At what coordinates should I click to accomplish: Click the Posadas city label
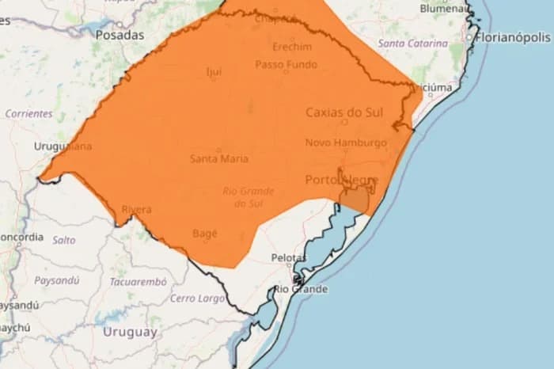coord(120,35)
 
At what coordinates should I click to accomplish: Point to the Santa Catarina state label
coord(412,44)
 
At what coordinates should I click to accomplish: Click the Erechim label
coord(291,47)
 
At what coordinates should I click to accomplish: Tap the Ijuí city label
coord(214,72)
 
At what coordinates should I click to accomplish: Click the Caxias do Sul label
coord(344,112)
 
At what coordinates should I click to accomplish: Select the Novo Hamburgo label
coord(346,143)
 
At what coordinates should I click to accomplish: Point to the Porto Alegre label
coord(341,180)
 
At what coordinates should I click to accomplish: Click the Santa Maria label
coord(219,158)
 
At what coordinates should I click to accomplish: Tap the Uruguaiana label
coord(63,146)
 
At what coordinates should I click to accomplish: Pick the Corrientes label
coord(28,113)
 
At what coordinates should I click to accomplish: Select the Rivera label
coord(136,209)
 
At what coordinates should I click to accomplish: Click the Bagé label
coord(205,234)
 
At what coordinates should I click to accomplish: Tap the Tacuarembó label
coord(138,281)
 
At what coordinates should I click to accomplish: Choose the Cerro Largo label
coord(197,298)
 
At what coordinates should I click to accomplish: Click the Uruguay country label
coord(130,332)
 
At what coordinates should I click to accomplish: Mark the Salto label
coord(64,239)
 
